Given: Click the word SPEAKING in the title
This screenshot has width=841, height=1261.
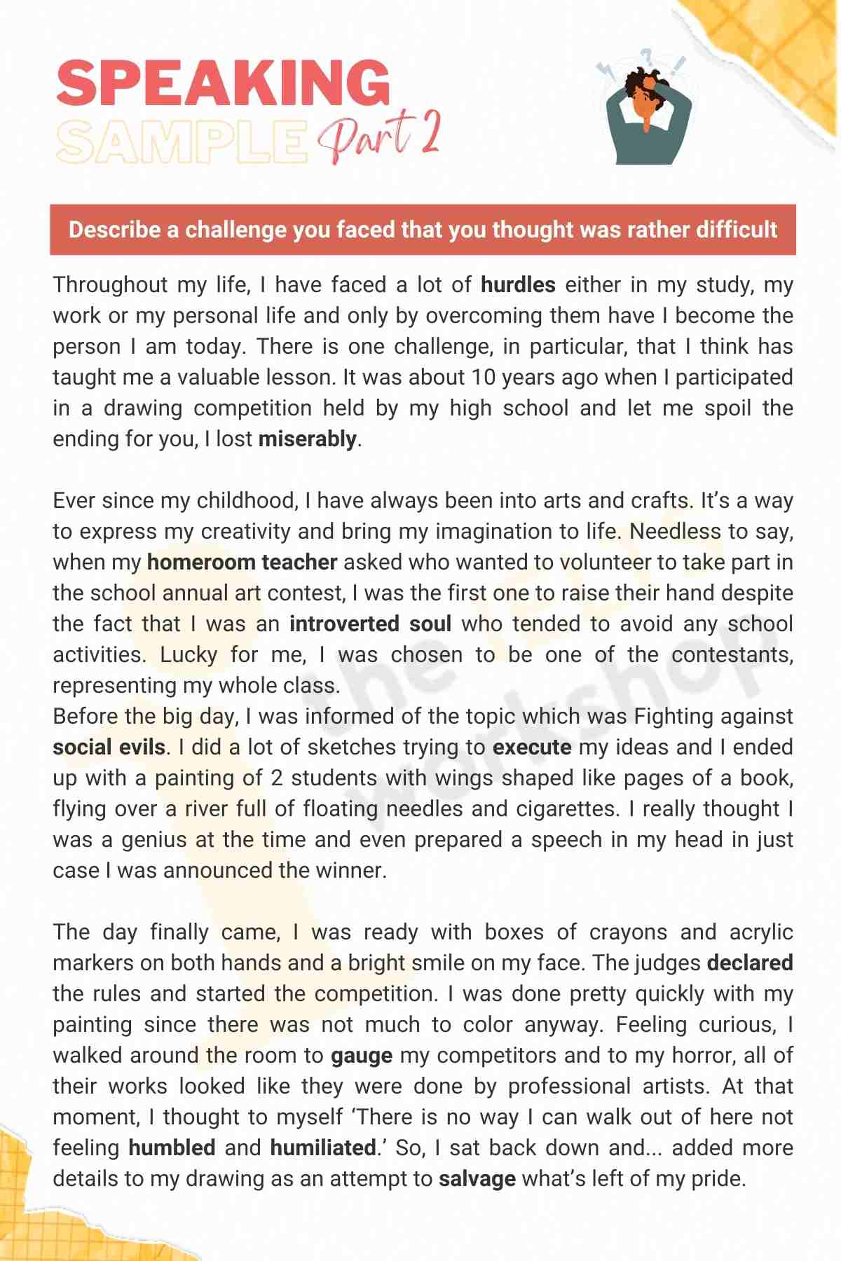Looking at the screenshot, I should tap(223, 83).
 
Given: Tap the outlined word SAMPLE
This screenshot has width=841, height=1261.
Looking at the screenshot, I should tap(182, 142).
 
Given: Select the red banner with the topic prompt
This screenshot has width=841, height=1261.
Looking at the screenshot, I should tap(423, 230).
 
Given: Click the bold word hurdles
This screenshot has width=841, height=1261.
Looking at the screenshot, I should tap(518, 284).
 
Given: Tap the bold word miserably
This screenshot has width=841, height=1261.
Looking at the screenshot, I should tap(308, 439).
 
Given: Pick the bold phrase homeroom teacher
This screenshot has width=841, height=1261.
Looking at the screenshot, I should tap(242, 562).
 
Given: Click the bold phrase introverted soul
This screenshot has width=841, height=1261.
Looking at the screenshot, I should tap(370, 623).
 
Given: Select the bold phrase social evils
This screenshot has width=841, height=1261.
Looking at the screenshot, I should tap(109, 747).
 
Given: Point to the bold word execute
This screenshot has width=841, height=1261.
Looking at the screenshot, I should tap(532, 747).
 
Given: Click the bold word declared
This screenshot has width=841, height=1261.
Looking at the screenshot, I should tap(750, 963).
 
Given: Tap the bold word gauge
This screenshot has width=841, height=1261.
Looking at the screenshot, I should tap(362, 1055).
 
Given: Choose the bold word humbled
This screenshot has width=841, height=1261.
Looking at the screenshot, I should tap(172, 1148).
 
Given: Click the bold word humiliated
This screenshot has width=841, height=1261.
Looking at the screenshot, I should tap(323, 1148).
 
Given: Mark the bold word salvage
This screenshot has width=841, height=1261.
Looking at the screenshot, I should tap(477, 1178).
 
